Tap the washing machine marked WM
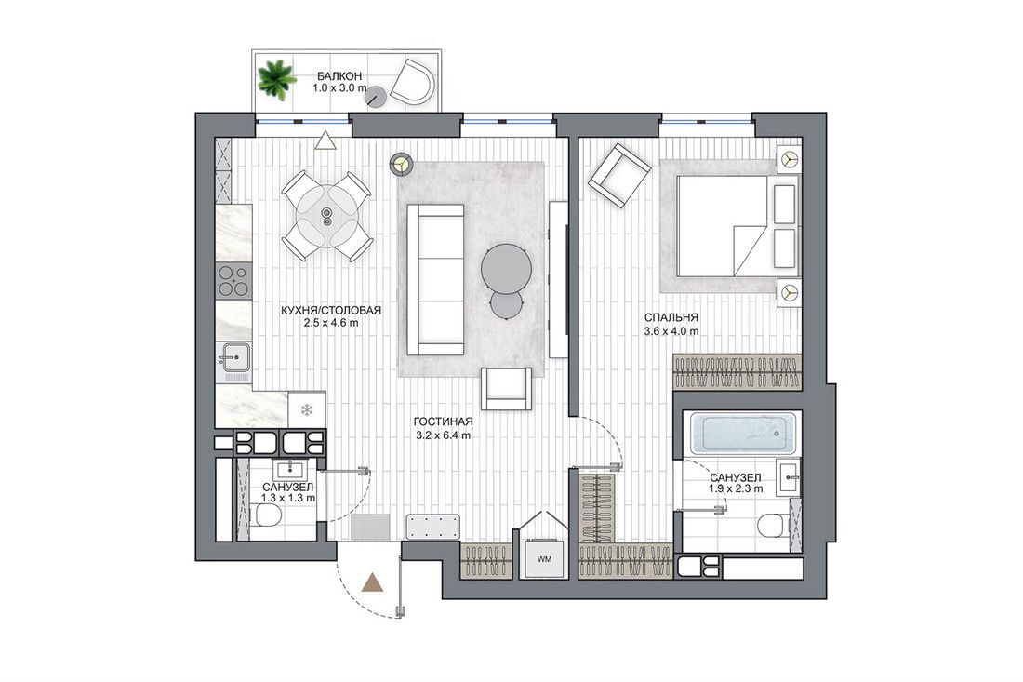point(543,558)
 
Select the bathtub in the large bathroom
point(744,433)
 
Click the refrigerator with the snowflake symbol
point(307,410)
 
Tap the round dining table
point(326,216)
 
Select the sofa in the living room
point(436,279)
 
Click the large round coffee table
point(506,268)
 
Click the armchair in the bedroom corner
point(619,175)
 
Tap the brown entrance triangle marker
point(373,582)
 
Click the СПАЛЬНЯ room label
point(671,318)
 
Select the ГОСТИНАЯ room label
point(443,422)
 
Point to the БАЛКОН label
point(339,76)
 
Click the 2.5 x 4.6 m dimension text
point(331,323)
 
